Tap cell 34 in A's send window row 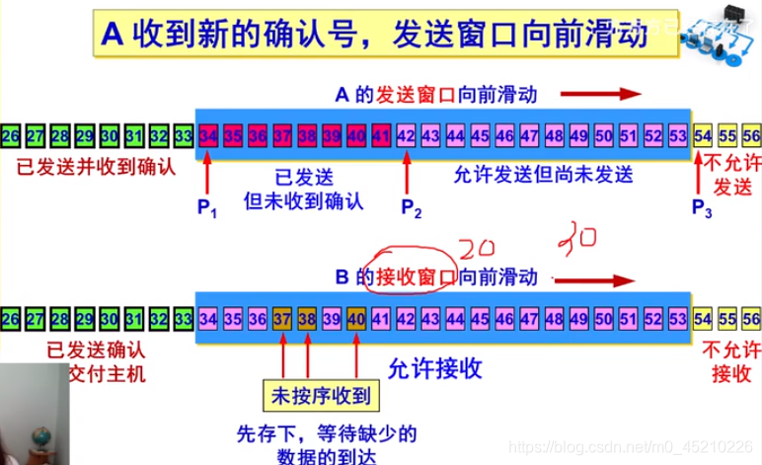[208, 134]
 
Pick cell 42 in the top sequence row [405, 134]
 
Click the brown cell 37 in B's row [282, 318]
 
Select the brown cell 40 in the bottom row [356, 318]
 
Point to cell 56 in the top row [751, 134]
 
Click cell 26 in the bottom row [10, 318]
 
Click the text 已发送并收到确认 [96, 166]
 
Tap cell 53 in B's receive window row [677, 318]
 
